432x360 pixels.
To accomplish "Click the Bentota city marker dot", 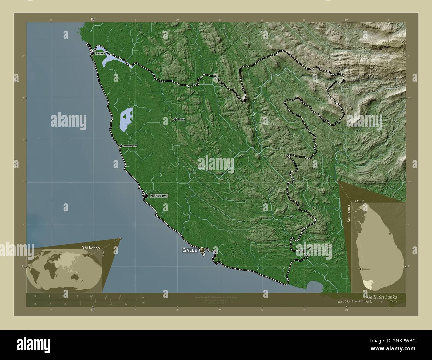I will click(x=92, y=53).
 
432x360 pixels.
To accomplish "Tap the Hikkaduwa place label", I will click(x=159, y=196).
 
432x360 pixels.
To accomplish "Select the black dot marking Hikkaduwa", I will click(x=146, y=196).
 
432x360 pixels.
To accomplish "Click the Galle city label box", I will click(x=189, y=250).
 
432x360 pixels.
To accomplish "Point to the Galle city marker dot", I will click(x=202, y=250).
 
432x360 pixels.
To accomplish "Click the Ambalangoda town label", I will click(x=130, y=146).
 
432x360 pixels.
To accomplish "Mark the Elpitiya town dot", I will click(x=175, y=119).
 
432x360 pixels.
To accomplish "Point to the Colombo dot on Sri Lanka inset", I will click(x=360, y=269).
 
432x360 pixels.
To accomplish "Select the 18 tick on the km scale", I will click(x=119, y=296).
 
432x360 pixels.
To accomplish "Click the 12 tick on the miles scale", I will click(x=126, y=304).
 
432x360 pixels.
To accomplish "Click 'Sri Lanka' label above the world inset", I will click(x=91, y=248).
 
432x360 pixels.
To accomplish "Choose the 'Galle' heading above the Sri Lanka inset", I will click(x=359, y=201).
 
